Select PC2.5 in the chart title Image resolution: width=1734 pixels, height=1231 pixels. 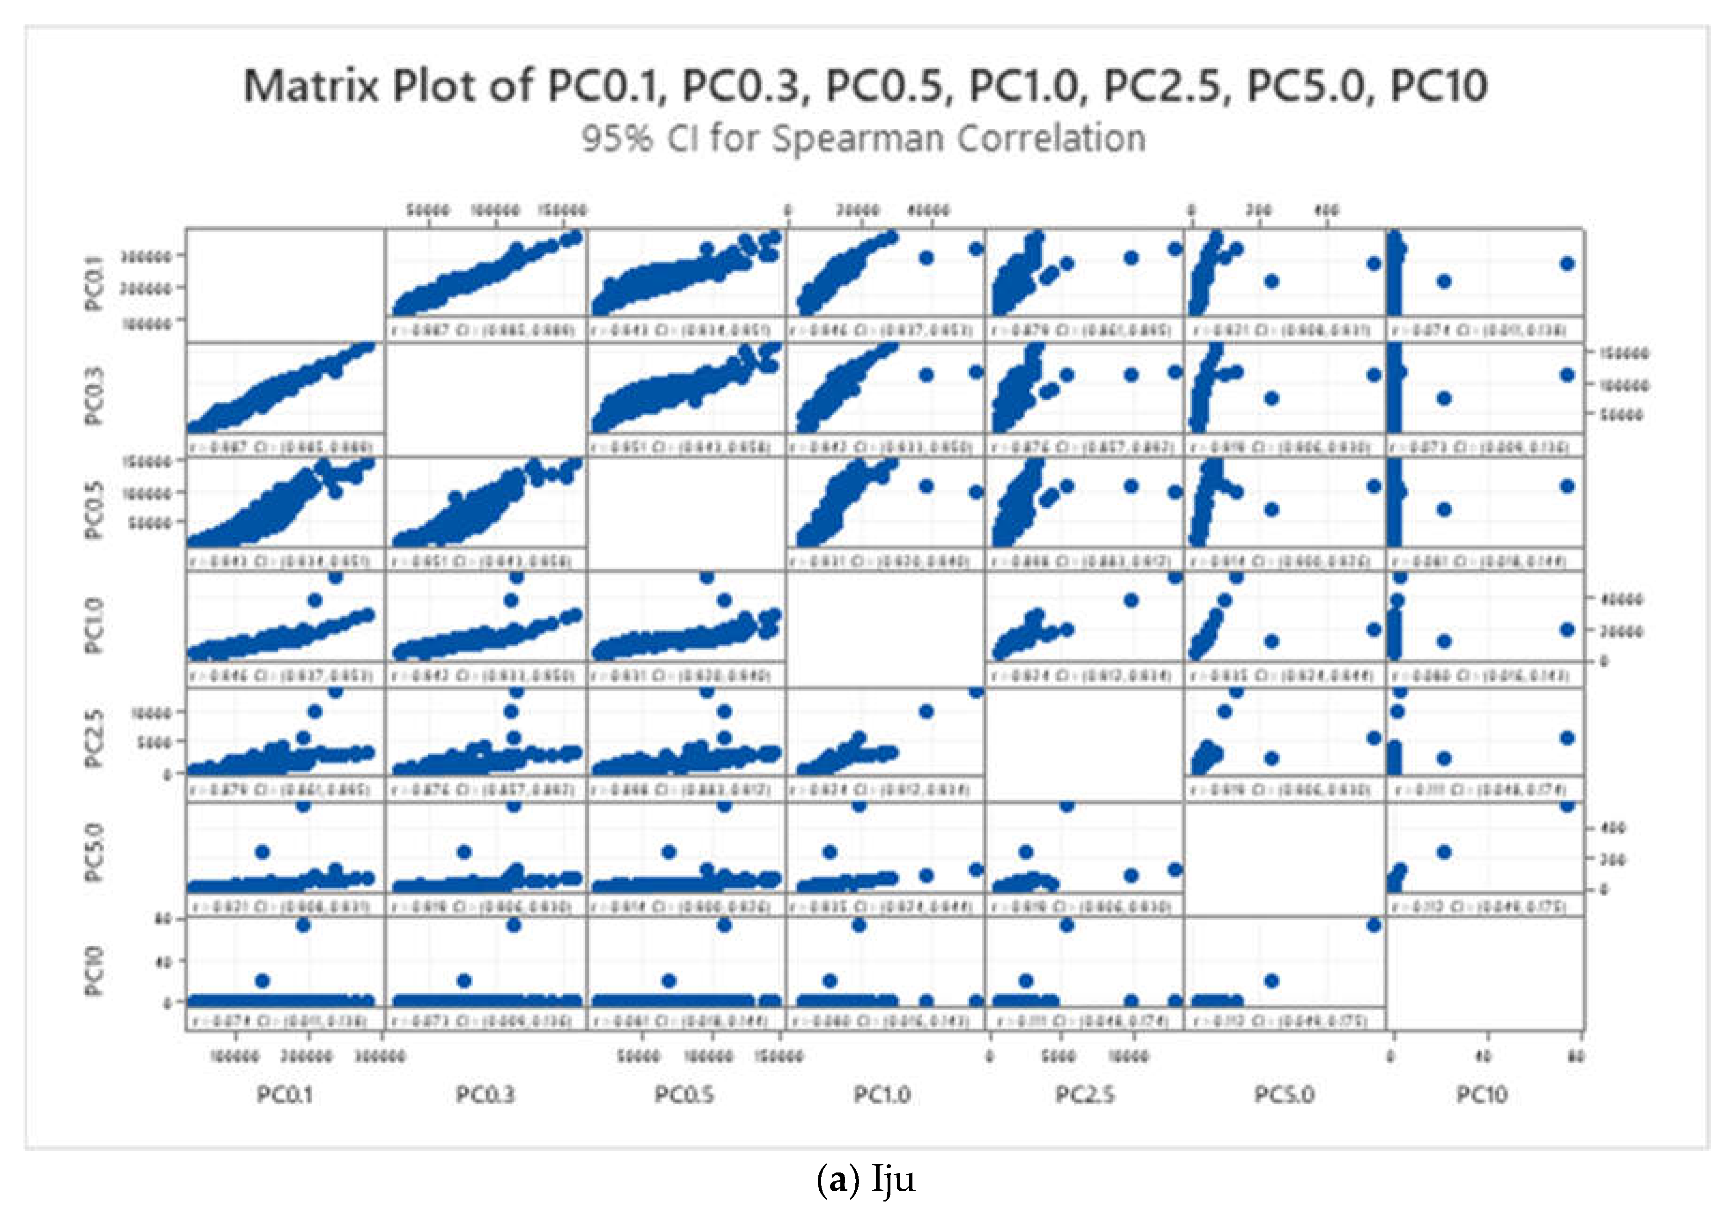point(1162,86)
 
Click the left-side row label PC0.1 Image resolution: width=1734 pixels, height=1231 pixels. point(94,283)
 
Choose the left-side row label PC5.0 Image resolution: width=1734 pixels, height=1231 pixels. point(94,854)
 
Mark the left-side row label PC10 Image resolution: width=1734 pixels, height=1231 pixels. point(94,971)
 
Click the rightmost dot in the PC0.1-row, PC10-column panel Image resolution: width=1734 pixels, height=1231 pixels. point(1567,264)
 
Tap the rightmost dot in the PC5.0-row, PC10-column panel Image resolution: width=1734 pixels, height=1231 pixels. point(1567,805)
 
